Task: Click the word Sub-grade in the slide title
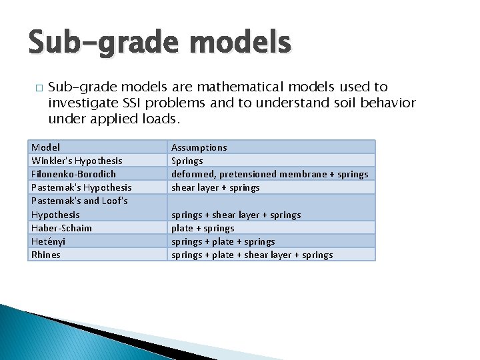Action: (x=100, y=43)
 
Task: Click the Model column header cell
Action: (x=46, y=147)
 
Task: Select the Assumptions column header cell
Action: (x=199, y=147)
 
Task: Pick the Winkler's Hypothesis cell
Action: (x=77, y=161)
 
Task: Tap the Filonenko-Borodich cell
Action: (x=73, y=174)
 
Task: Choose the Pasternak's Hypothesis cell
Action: (x=81, y=187)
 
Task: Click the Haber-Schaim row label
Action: (x=61, y=228)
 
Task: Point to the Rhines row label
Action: (x=46, y=255)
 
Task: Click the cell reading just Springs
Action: (x=187, y=161)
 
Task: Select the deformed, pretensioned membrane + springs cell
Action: (x=269, y=174)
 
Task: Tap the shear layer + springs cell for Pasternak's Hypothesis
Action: (x=215, y=187)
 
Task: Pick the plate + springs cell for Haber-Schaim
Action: (x=203, y=228)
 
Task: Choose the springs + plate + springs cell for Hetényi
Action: (x=223, y=241)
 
